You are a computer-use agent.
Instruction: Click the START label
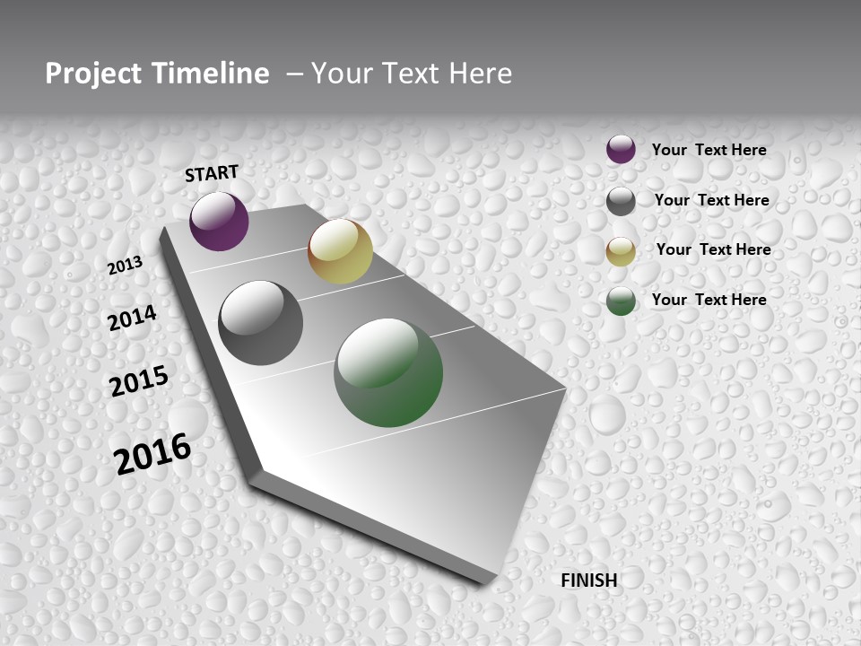tap(212, 173)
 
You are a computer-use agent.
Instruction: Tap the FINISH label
tap(588, 581)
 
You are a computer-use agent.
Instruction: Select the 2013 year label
tap(126, 265)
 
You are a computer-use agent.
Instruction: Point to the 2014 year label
tap(133, 318)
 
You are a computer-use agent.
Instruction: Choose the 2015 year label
tap(139, 381)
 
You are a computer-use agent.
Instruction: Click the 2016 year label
tap(153, 453)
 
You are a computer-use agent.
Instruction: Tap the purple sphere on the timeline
tap(219, 221)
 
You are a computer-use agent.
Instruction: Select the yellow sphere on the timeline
tap(340, 251)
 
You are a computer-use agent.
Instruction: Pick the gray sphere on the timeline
tap(261, 323)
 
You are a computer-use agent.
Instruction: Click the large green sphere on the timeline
tap(388, 372)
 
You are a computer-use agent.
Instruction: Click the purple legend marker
tap(621, 149)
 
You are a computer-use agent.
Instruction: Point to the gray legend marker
tap(621, 201)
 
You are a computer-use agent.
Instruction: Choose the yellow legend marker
tap(621, 251)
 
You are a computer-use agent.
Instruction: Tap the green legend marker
tap(621, 301)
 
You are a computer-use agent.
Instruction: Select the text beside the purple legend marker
tap(709, 150)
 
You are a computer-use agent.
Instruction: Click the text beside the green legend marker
tap(709, 300)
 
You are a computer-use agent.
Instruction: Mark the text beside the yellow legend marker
tap(713, 249)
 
